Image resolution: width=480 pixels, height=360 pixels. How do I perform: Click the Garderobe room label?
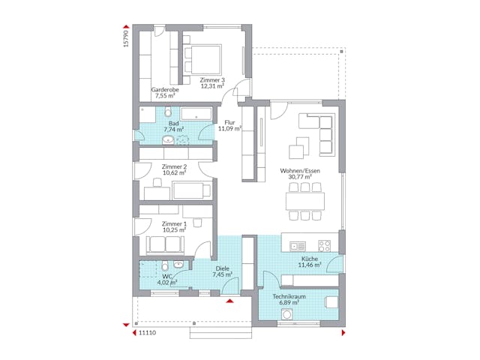(164, 89)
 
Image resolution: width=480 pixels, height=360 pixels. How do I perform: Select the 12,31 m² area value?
(212, 85)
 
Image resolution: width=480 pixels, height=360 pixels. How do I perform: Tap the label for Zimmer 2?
(174, 165)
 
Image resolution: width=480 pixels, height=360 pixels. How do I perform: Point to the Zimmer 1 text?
(174, 223)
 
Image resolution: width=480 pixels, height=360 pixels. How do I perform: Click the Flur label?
(229, 122)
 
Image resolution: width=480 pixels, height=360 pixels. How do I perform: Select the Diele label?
(222, 268)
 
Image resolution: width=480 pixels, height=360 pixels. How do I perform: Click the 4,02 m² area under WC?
(167, 282)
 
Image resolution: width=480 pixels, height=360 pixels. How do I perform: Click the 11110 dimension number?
(144, 331)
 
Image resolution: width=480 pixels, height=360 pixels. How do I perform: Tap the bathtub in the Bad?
(197, 114)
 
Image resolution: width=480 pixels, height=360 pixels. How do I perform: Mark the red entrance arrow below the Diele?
(229, 301)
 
